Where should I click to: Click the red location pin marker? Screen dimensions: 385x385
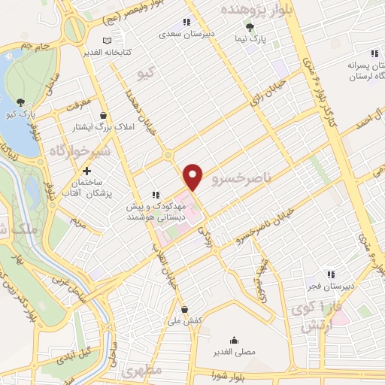pyautogui.click(x=193, y=176)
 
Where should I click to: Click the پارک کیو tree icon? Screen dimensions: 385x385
pyautogui.click(x=20, y=103)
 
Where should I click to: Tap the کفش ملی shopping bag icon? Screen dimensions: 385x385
pyautogui.click(x=185, y=308)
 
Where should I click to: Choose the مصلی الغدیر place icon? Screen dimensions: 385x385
pyautogui.click(x=235, y=339)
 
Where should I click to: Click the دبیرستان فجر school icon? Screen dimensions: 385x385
pyautogui.click(x=330, y=274)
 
